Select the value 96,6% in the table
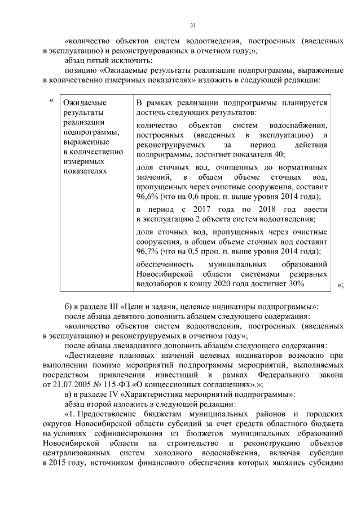(x=148, y=197)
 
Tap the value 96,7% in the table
(x=148, y=251)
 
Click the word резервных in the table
(x=310, y=274)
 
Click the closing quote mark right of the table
(x=340, y=285)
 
